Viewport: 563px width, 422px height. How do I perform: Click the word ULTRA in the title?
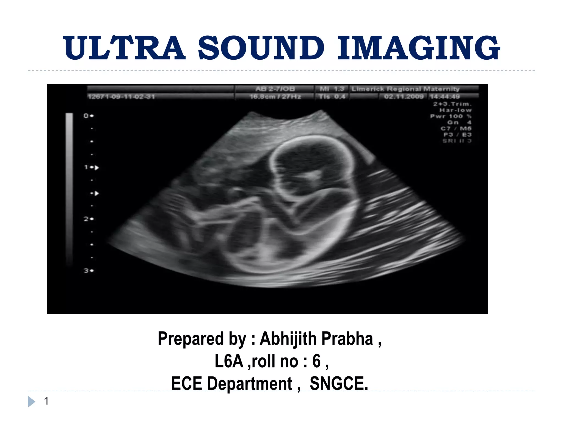(x=124, y=48)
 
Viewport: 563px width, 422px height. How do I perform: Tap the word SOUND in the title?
(x=261, y=48)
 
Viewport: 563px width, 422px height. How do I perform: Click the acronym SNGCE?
(x=339, y=384)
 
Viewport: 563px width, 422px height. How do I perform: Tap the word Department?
(x=250, y=384)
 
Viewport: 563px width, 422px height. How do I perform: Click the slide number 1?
(x=46, y=401)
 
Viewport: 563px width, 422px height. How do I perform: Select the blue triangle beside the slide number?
(x=31, y=402)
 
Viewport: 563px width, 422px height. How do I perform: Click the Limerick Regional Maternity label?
(x=405, y=89)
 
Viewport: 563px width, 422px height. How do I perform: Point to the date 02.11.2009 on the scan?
(x=404, y=97)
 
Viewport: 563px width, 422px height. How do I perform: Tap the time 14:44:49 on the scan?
(x=445, y=97)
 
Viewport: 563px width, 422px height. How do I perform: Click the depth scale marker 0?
(x=86, y=116)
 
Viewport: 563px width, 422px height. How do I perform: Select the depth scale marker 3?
(x=86, y=271)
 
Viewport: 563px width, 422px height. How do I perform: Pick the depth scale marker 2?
(x=86, y=219)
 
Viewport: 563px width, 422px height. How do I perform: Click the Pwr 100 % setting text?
(x=451, y=116)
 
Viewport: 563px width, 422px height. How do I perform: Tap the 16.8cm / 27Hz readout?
(x=275, y=97)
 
